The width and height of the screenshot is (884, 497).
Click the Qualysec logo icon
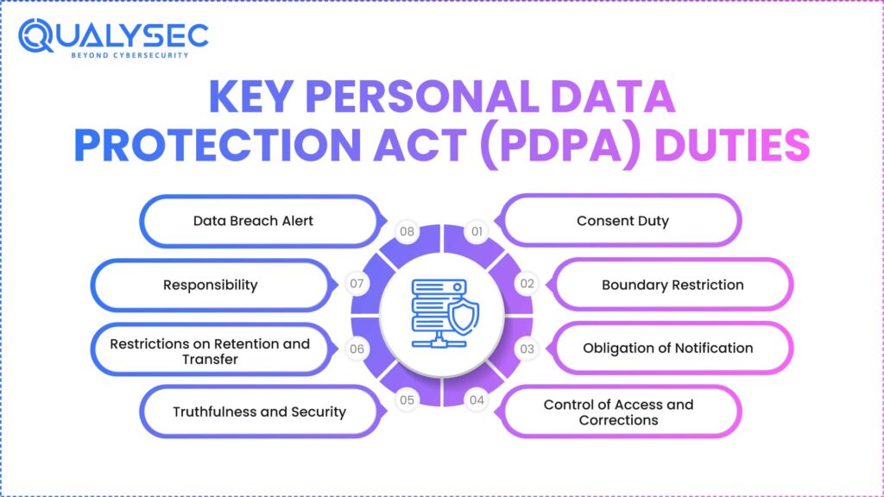tap(36, 36)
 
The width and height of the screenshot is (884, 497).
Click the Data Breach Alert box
tap(254, 221)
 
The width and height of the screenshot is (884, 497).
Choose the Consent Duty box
tap(622, 221)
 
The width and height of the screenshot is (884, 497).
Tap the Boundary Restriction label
tap(672, 285)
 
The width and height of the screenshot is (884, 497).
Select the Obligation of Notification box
tap(667, 349)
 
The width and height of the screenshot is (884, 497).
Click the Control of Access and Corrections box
tap(618, 412)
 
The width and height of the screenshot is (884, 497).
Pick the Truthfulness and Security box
tap(259, 412)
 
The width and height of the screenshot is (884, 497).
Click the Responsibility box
tap(211, 285)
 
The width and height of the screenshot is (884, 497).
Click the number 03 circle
tap(527, 349)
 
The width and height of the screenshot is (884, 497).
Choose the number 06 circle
tap(355, 349)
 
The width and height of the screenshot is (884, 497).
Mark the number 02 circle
tap(527, 283)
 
